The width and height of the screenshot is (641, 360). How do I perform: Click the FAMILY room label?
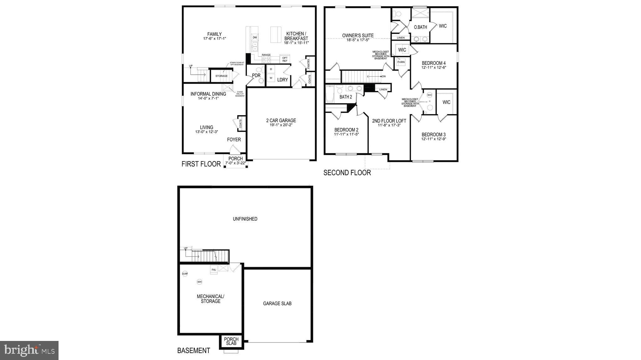(x=214, y=34)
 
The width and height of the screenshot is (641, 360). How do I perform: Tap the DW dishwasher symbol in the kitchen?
(x=255, y=38)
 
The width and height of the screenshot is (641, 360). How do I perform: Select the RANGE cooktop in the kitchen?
(x=266, y=58)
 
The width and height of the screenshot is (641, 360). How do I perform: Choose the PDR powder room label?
(x=256, y=75)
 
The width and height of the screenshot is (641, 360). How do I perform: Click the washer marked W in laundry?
(x=271, y=78)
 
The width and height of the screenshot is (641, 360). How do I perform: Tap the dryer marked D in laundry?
(x=271, y=69)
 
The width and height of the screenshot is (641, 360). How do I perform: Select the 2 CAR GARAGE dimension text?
(x=281, y=125)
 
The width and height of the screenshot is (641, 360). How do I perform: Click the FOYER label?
(x=234, y=139)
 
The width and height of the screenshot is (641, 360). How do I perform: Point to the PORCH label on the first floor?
(x=235, y=159)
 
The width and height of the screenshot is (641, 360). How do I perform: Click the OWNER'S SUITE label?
(x=358, y=36)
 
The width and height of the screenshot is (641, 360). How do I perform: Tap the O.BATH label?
(x=420, y=27)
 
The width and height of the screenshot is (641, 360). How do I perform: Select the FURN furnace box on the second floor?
(x=401, y=62)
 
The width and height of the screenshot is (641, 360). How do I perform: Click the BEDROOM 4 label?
(x=433, y=63)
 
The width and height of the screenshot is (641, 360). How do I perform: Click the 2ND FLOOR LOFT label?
(x=389, y=121)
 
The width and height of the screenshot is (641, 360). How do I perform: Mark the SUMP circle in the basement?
(x=185, y=274)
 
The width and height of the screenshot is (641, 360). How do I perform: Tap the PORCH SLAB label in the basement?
(x=231, y=341)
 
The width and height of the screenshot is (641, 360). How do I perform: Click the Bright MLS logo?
(x=29, y=350)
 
